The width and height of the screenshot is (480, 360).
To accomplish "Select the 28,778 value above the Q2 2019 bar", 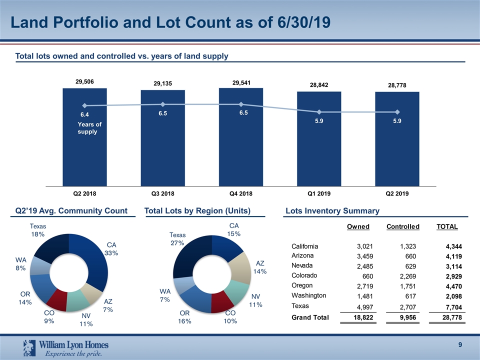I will pyautogui.click(x=397, y=85).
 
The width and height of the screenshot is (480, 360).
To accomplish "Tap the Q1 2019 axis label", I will pyautogui.click(x=319, y=193).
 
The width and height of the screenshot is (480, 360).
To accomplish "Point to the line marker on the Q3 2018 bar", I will pyautogui.click(x=162, y=104).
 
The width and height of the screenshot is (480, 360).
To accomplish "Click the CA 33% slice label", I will pyautogui.click(x=111, y=249).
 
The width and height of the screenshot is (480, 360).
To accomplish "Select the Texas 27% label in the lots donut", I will pyautogui.click(x=177, y=239).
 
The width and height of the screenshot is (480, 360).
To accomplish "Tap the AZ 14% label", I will pyautogui.click(x=260, y=267).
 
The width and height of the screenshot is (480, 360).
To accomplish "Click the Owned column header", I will pyautogui.click(x=358, y=226).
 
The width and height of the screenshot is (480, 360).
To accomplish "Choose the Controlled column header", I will pyautogui.click(x=402, y=226).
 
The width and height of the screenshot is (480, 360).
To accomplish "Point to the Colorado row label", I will pyautogui.click(x=305, y=275).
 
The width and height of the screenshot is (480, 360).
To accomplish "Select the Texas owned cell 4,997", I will pyautogui.click(x=362, y=306).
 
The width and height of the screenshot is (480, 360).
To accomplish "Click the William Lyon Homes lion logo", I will pyautogui.click(x=29, y=346).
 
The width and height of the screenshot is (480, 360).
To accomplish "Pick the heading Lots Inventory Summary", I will pyautogui.click(x=332, y=211).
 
